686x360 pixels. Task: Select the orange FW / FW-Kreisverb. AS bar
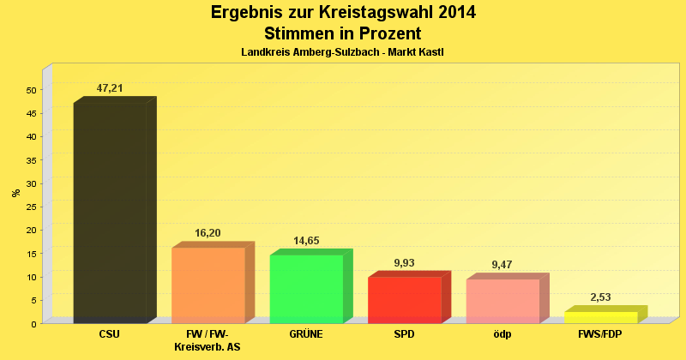tap(208, 285)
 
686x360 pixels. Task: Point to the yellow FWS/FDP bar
tap(600, 317)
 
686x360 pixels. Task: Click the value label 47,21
tap(110, 88)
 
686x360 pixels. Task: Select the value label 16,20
tap(208, 233)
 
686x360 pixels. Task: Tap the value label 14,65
tap(306, 241)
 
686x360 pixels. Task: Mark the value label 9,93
tap(404, 263)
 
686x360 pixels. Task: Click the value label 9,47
tap(502, 265)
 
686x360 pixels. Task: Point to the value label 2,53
tap(600, 297)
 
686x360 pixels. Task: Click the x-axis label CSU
tap(110, 334)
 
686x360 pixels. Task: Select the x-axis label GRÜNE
tap(306, 334)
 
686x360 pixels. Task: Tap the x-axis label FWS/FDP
tap(600, 334)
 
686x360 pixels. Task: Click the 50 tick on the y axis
tap(31, 90)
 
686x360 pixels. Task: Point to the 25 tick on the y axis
tap(31, 207)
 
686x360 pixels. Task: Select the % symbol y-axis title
tap(15, 193)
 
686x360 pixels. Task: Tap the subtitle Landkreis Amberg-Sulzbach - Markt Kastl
tap(342, 52)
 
